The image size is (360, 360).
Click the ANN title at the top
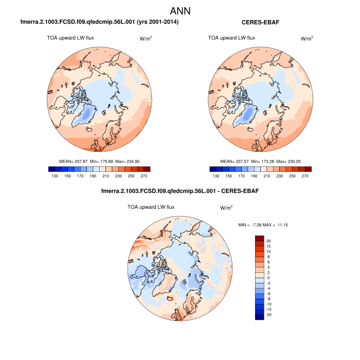tap(180, 11)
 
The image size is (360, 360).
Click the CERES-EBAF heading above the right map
tap(261, 22)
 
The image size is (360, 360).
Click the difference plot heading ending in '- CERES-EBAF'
tap(179, 191)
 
